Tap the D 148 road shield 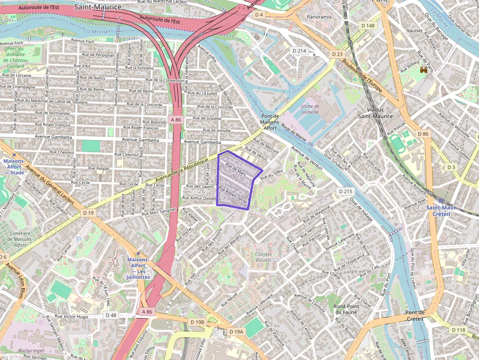point(368,25)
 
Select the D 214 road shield point(299,51)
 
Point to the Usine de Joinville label point(310,109)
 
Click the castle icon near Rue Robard point(423,70)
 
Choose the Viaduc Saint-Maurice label point(375,113)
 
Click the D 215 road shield point(346,192)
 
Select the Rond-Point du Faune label point(346,309)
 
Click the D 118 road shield point(458,330)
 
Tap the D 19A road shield point(236,332)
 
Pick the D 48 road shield point(111,315)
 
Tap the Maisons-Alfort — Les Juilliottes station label point(137,268)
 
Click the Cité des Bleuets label point(263,257)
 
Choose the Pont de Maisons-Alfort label point(270,122)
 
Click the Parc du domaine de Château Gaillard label point(16,57)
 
